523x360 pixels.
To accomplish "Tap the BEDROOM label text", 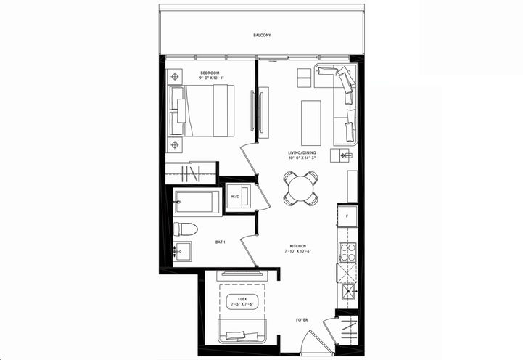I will [x=212, y=73].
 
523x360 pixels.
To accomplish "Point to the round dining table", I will [x=300, y=188].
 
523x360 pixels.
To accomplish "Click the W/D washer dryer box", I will [x=237, y=197].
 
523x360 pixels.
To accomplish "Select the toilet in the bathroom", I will [x=185, y=229].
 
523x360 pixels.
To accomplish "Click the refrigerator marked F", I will [x=347, y=216].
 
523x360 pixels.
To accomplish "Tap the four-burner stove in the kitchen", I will [x=347, y=251].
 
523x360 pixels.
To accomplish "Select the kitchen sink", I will [x=347, y=293].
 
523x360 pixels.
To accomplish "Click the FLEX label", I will [x=237, y=299].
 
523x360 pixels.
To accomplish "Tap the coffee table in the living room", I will [x=310, y=122].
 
